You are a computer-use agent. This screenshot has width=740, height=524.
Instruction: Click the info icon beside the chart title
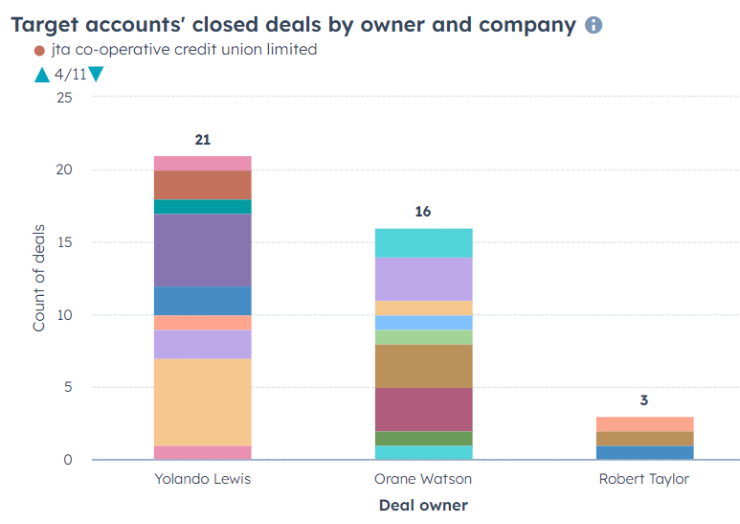(594, 25)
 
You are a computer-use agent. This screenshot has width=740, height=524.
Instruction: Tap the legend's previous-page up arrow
(41, 74)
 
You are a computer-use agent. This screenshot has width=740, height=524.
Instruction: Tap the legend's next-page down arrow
(96, 74)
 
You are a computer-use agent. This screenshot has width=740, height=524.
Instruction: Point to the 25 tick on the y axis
(64, 97)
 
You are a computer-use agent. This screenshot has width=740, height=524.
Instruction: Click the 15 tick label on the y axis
(64, 242)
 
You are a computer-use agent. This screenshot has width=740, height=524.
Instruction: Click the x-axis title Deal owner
(423, 504)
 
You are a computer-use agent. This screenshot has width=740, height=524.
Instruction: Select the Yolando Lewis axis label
(203, 478)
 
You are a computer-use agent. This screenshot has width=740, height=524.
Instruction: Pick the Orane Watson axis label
(423, 478)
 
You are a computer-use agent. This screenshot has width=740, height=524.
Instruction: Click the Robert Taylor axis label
(643, 478)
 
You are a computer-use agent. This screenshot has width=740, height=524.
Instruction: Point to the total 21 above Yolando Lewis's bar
(203, 140)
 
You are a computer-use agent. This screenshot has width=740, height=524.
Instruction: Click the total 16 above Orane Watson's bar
(423, 212)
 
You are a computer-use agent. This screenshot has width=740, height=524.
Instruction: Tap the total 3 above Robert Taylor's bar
(643, 400)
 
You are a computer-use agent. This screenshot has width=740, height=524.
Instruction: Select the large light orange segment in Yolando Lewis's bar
(203, 402)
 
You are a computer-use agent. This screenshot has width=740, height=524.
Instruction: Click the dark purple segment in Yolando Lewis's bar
(203, 250)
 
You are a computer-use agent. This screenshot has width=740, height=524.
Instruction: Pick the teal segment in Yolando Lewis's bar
(203, 206)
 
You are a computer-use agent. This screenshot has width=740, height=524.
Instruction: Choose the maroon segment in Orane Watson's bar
(423, 409)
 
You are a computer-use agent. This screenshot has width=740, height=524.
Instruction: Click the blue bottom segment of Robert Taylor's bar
(643, 452)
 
